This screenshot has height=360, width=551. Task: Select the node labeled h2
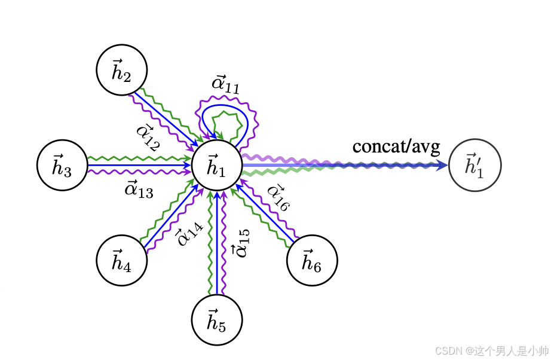pos(122,70)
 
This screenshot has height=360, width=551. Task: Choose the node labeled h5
pos(217,320)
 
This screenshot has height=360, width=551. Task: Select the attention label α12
pos(147,138)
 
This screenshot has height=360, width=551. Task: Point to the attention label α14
pos(189,233)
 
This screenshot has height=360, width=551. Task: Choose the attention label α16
pos(278,197)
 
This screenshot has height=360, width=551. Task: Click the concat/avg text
pos(396,146)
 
